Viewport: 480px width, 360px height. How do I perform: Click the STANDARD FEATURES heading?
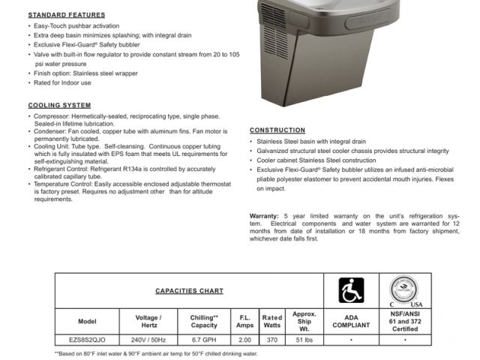tap(67, 15)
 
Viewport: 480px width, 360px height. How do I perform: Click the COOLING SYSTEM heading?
tap(59, 106)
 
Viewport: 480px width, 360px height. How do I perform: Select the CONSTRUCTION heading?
tap(277, 130)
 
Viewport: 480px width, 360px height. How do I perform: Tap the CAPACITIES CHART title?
tap(189, 290)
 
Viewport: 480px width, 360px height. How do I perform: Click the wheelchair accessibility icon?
tap(351, 290)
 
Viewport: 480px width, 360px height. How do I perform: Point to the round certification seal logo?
tap(406, 289)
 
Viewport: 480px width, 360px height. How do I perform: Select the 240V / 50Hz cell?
tap(147, 340)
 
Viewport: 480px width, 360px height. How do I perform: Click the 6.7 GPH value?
tap(204, 340)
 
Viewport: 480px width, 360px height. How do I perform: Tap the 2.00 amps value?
tap(244, 340)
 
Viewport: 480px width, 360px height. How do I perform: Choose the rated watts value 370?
tap(271, 340)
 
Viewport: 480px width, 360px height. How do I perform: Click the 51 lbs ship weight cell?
tap(304, 340)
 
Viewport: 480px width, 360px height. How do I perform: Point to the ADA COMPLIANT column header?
tap(351, 321)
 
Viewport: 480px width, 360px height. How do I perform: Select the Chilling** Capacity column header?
tap(204, 321)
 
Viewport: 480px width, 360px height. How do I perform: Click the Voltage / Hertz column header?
tap(147, 321)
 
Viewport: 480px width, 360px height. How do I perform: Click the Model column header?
tap(87, 321)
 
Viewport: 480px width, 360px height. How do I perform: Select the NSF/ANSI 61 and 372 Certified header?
tap(406, 321)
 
